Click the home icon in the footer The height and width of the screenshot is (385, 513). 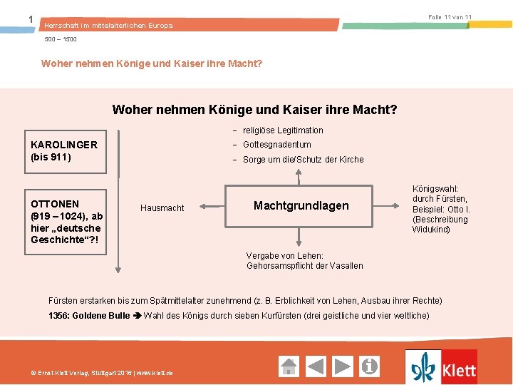click(289, 366)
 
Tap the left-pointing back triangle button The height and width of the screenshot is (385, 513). click(316, 366)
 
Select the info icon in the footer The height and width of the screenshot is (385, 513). click(370, 366)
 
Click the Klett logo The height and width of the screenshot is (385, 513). click(441, 367)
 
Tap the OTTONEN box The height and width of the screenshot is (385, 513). click(66, 222)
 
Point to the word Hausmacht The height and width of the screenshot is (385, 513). click(162, 208)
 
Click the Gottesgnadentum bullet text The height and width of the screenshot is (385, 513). click(276, 145)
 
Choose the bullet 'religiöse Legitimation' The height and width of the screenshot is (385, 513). click(283, 130)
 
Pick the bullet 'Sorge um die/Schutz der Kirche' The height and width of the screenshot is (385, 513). click(303, 160)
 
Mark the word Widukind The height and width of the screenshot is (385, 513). click(431, 229)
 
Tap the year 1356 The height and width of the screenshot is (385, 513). click(59, 315)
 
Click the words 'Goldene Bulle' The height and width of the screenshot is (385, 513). click(101, 315)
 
